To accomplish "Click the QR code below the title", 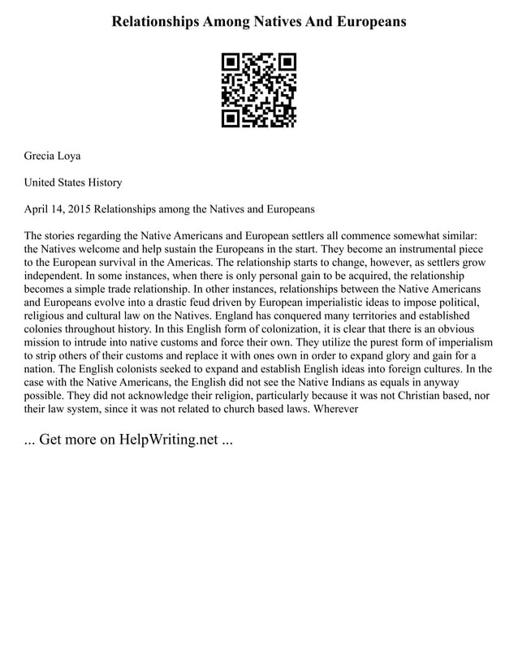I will [x=259, y=90].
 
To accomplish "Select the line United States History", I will [x=73, y=183].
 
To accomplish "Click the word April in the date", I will [x=38, y=209].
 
